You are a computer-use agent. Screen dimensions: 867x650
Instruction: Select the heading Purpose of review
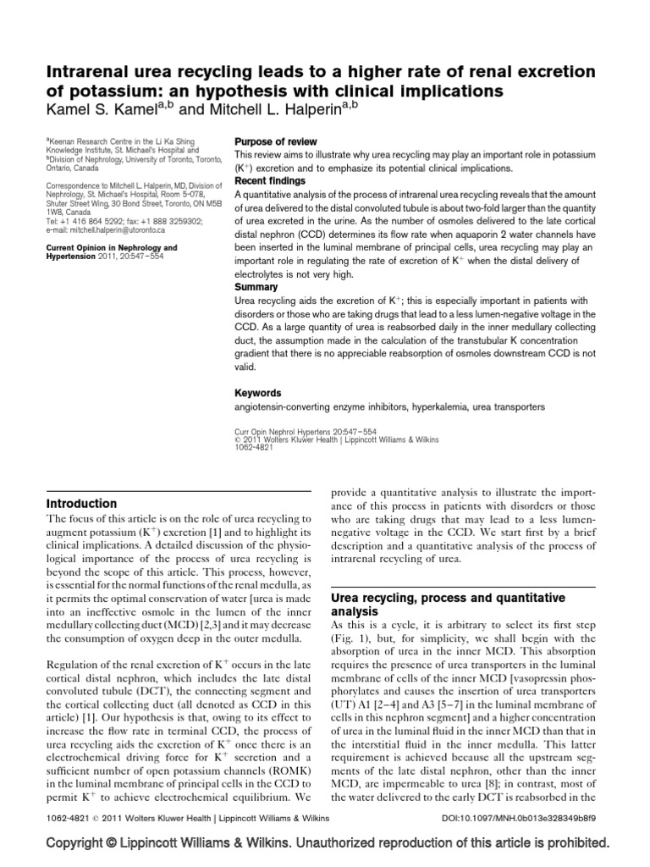pyautogui.click(x=275, y=141)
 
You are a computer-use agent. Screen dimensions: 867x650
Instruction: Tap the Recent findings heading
pyautogui.click(x=273, y=181)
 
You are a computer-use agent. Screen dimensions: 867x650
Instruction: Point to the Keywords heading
pyautogui.click(x=257, y=393)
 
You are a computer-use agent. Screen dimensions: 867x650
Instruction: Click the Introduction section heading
pyautogui.click(x=81, y=503)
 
